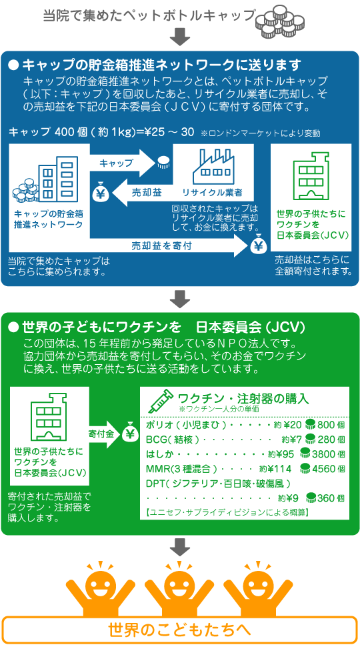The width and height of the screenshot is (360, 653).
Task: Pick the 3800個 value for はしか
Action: [329, 454]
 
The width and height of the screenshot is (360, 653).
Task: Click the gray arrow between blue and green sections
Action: [180, 298]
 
